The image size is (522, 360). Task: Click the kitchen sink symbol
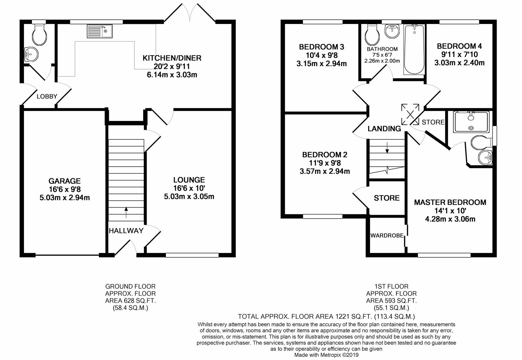point(100,31)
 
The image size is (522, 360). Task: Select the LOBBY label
point(47,97)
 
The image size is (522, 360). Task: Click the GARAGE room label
point(64,181)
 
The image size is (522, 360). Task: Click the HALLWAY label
point(126,231)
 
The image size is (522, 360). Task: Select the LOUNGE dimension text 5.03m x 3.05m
point(189,197)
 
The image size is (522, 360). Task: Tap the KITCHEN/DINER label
point(172,58)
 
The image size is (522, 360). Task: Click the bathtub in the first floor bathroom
point(414,50)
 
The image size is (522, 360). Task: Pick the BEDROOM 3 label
point(321,47)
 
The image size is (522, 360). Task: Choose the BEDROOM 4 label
point(459,46)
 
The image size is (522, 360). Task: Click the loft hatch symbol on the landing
point(410,113)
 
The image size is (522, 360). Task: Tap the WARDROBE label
point(387,235)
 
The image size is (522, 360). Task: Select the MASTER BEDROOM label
point(450,202)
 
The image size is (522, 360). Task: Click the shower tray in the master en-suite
point(471,122)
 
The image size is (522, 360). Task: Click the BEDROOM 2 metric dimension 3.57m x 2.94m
point(324,172)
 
